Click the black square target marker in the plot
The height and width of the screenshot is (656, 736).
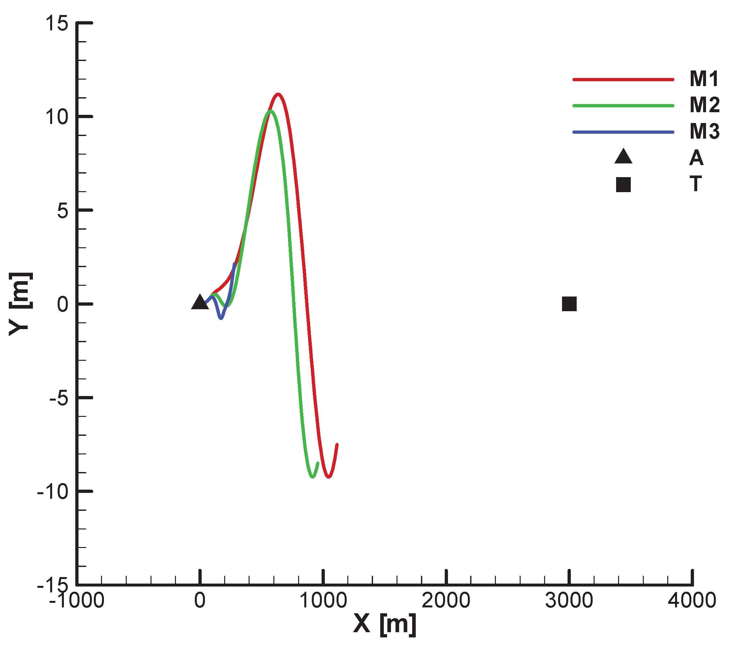pyautogui.click(x=569, y=304)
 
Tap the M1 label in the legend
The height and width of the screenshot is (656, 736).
pyautogui.click(x=704, y=79)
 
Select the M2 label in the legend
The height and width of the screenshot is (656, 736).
pyautogui.click(x=704, y=105)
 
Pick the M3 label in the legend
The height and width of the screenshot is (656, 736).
pyautogui.click(x=704, y=131)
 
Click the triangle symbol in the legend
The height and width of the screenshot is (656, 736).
pyautogui.click(x=623, y=157)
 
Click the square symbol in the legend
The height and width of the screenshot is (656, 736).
pyautogui.click(x=623, y=185)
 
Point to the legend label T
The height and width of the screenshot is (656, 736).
pyautogui.click(x=696, y=184)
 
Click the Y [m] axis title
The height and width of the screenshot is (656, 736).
pyautogui.click(x=21, y=304)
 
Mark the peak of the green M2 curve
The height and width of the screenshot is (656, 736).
pyautogui.click(x=270, y=111)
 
